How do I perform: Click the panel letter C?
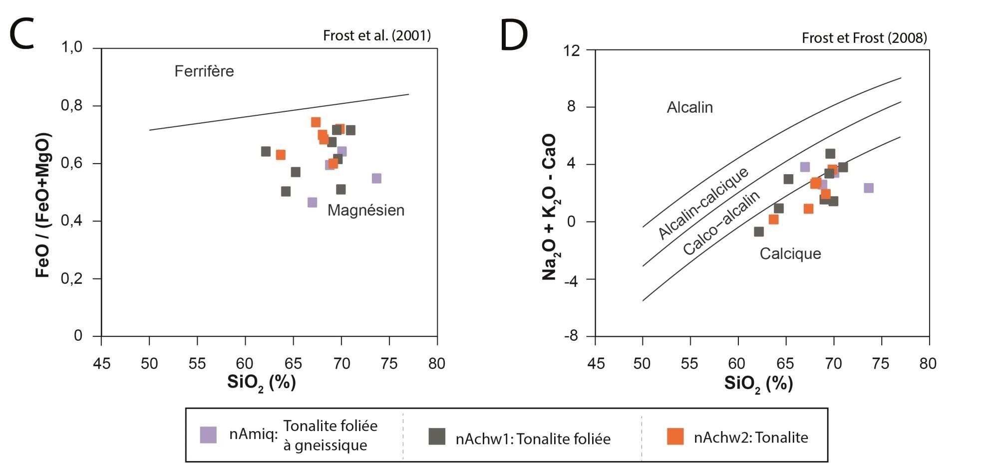[22, 35]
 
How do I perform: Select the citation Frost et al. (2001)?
[377, 35]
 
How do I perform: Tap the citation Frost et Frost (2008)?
[864, 38]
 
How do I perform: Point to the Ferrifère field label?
[204, 71]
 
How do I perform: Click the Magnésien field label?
[365, 210]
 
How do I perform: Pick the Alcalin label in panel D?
[689, 107]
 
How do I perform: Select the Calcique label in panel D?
[790, 253]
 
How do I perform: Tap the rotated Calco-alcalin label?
[721, 223]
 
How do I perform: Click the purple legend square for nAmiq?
[208, 435]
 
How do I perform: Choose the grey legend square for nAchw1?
[437, 437]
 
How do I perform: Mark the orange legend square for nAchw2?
[675, 437]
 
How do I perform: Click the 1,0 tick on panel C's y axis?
[71, 48]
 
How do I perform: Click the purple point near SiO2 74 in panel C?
[376, 178]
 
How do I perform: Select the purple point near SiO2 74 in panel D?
[869, 188]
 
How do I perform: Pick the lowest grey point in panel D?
[759, 232]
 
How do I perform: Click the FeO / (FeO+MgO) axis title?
[43, 205]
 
